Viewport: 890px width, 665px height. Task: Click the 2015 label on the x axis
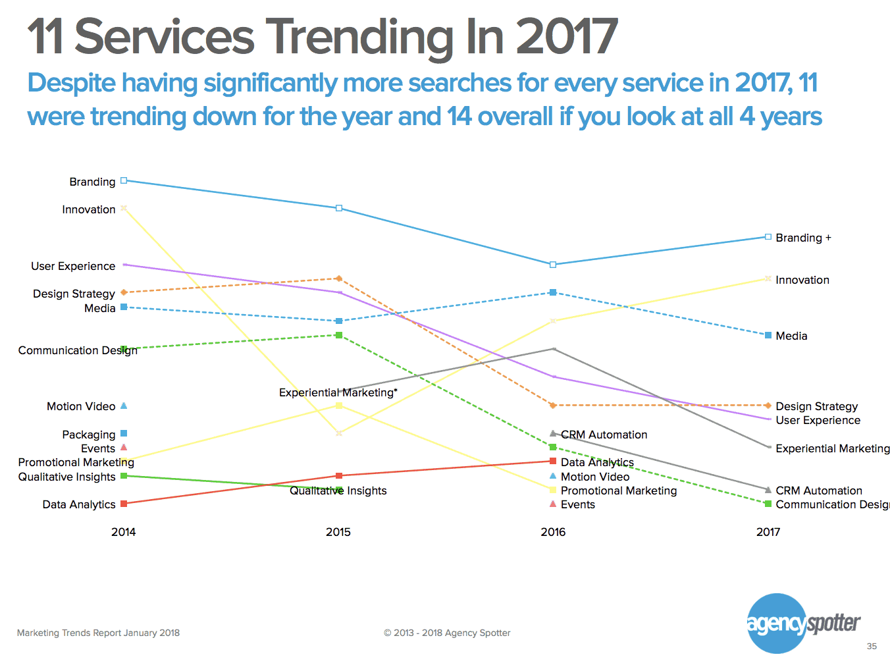(338, 532)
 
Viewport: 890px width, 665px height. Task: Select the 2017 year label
(768, 532)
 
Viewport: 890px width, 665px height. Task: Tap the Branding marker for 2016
(553, 265)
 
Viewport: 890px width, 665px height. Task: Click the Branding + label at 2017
(803, 238)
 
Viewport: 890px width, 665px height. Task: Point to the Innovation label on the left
(89, 209)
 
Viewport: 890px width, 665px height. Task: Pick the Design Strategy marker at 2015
(339, 279)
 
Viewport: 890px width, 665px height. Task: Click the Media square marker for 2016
(553, 292)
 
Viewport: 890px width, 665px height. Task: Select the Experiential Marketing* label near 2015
(338, 392)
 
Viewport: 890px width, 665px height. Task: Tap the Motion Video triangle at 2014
(124, 406)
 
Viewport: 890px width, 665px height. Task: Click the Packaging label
(89, 435)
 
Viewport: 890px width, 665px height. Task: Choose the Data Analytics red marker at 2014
(124, 504)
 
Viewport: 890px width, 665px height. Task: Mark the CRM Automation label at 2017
(819, 491)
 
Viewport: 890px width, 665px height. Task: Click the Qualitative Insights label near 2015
(338, 491)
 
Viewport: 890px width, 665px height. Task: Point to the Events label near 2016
(578, 504)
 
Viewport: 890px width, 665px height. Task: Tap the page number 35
(872, 646)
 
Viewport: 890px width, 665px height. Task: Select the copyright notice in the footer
(447, 633)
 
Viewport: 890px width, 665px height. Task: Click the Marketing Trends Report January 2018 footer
(98, 633)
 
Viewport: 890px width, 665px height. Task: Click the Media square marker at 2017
(768, 335)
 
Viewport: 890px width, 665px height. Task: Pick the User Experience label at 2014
(73, 266)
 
